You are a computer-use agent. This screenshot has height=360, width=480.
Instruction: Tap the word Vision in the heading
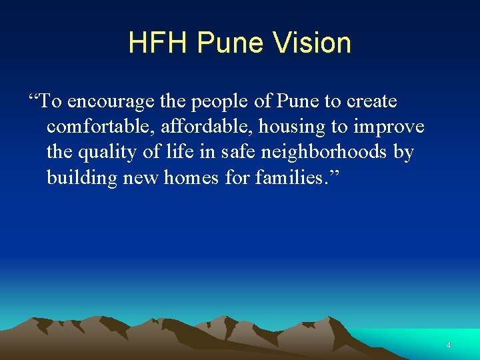311,43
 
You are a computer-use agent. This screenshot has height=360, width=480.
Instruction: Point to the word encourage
113,102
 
